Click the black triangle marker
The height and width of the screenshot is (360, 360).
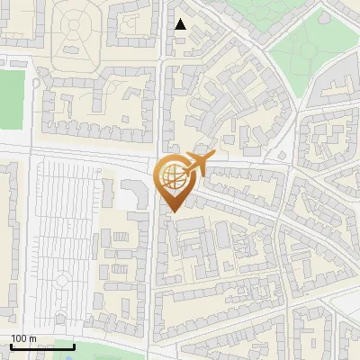coord(181,24)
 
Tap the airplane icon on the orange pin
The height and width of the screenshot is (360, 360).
coord(197,165)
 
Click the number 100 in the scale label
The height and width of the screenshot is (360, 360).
coord(19,338)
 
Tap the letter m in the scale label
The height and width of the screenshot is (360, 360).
coord(32,338)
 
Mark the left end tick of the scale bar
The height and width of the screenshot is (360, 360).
coord(11,346)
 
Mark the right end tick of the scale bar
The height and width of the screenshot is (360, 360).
coord(75,346)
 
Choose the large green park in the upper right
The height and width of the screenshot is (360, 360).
coord(310,45)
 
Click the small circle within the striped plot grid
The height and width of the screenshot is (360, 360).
coord(61,281)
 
